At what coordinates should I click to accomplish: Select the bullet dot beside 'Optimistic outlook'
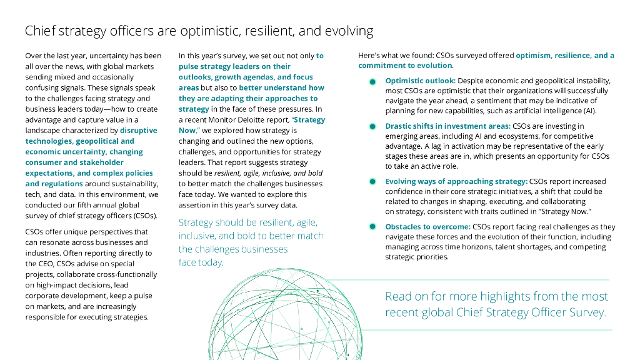[372, 81]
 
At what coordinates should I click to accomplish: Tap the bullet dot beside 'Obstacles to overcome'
[372, 227]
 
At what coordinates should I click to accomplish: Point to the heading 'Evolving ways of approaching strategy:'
[456, 181]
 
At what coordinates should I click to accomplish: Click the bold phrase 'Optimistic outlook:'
[421, 81]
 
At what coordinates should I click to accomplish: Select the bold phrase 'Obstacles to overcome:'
[428, 227]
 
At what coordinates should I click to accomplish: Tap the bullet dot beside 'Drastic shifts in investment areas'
[372, 126]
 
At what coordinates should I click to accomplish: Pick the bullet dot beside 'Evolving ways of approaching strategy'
[372, 181]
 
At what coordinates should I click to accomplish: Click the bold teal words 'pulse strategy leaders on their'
[234, 66]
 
